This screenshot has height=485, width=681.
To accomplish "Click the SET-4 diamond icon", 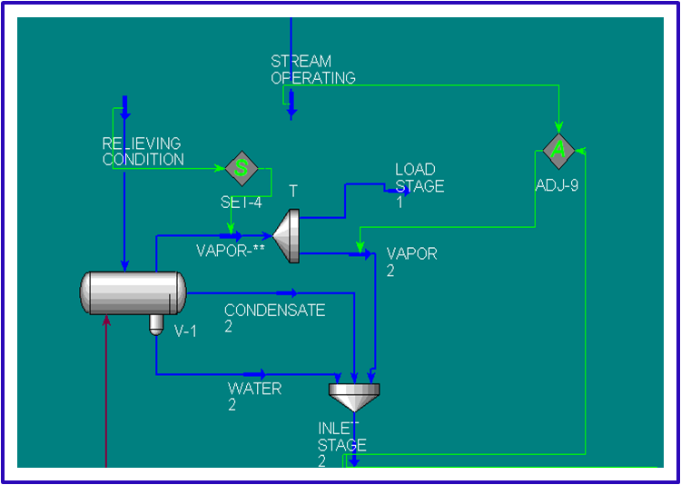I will click(242, 168).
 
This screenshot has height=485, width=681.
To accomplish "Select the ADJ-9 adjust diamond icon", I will click(558, 151).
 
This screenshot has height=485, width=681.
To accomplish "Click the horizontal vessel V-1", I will click(133, 293).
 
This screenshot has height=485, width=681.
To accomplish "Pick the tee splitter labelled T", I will click(288, 236).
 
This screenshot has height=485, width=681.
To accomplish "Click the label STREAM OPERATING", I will click(312, 70).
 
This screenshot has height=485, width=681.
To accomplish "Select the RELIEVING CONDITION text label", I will click(142, 152).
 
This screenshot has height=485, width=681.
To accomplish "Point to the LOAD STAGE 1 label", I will click(419, 185).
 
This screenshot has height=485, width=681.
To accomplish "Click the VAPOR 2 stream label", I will click(411, 262).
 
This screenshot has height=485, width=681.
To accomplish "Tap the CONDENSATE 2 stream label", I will click(274, 318).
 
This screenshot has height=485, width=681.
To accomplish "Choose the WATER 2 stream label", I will click(254, 396).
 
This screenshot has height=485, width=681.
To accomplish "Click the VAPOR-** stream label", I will click(230, 250).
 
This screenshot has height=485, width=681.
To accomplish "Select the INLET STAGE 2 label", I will click(341, 444).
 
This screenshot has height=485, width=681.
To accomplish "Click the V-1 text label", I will click(185, 332).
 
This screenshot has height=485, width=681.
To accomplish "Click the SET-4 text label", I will click(241, 202).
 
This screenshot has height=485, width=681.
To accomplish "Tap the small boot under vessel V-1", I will click(156, 323).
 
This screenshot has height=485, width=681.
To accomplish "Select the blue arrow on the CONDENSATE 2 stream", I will click(286, 292).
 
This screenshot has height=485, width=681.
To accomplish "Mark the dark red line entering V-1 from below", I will click(107, 391).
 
